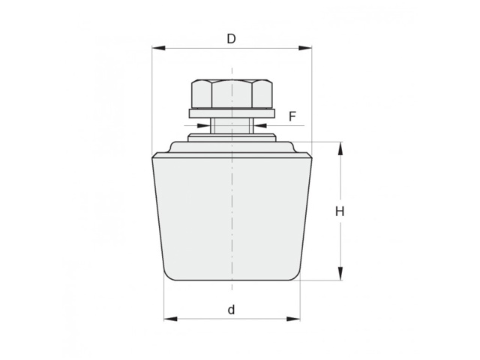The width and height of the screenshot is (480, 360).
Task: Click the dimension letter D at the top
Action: (231, 39)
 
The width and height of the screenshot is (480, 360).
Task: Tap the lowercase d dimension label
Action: (232, 310)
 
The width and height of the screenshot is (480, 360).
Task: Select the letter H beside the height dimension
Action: (340, 211)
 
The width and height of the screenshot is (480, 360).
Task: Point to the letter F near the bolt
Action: (292, 117)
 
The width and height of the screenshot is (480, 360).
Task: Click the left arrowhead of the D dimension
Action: (158, 48)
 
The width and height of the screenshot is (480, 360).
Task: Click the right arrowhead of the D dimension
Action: (305, 48)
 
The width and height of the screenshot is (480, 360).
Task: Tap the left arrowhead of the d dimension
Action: (170, 319)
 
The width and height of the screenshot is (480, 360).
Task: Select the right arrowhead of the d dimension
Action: (293, 319)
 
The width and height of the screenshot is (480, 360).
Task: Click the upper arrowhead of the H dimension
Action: (340, 148)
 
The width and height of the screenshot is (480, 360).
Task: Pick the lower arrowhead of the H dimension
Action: (340, 273)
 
